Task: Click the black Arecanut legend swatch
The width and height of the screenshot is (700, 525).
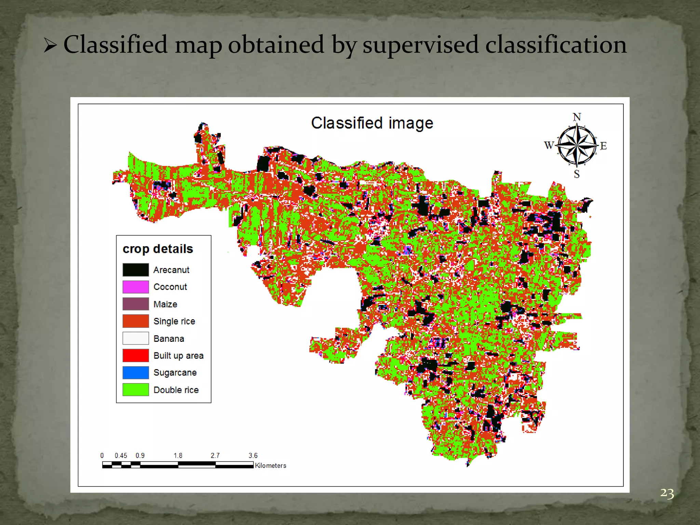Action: [x=136, y=270]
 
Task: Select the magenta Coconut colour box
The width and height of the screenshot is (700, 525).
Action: [x=136, y=287]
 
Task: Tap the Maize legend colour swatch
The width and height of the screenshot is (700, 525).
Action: [x=136, y=304]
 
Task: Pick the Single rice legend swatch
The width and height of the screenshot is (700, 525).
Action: [x=136, y=321]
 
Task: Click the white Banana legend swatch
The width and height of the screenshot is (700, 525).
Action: [x=136, y=338]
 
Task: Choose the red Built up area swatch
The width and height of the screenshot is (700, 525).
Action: [x=136, y=355]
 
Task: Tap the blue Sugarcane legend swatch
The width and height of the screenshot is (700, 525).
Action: [x=136, y=373]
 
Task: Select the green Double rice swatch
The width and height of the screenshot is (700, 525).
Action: [x=136, y=390]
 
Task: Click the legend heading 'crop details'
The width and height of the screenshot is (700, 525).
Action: [x=158, y=249]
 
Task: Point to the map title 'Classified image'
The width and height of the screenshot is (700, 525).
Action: [x=372, y=123]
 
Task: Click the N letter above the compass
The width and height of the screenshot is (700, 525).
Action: [x=577, y=117]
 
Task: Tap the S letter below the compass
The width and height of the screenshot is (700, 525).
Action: [x=577, y=174]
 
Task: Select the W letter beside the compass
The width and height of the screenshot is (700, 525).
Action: [x=549, y=145]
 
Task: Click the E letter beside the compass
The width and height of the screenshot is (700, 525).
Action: [x=603, y=146]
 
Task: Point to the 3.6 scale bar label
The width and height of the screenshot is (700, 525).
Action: [x=253, y=455]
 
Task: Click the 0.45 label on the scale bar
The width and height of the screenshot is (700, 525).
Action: [x=121, y=455]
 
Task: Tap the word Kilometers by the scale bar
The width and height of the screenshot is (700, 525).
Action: [x=270, y=466]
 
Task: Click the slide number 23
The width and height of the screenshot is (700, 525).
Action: [x=667, y=493]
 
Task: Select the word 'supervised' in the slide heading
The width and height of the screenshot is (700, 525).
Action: [x=420, y=45]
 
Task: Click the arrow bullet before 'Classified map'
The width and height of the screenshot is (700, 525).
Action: [x=50, y=45]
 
